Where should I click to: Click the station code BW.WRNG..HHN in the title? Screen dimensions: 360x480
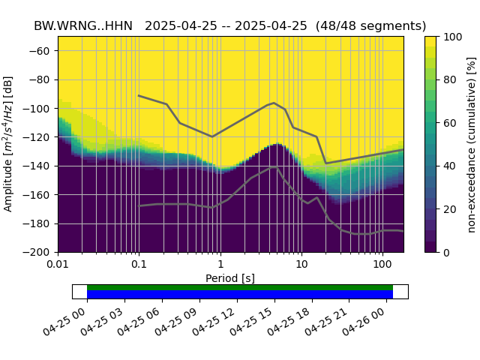83,25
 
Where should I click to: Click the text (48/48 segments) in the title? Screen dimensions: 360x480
371,25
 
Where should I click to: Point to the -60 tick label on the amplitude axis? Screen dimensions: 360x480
43,51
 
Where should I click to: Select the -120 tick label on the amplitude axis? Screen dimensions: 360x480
40,137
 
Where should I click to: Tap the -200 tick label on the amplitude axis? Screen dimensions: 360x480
40,253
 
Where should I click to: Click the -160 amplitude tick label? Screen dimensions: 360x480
40,195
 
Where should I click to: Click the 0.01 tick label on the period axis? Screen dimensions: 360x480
58,265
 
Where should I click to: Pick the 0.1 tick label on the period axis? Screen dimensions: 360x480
139,265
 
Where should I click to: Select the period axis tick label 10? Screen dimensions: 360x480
301,265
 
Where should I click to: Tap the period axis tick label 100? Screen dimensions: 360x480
382,265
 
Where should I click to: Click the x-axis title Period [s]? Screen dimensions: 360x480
230,278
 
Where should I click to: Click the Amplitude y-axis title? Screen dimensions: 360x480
9,144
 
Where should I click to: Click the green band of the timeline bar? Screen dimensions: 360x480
240,287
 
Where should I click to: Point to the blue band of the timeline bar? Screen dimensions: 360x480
240,294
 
